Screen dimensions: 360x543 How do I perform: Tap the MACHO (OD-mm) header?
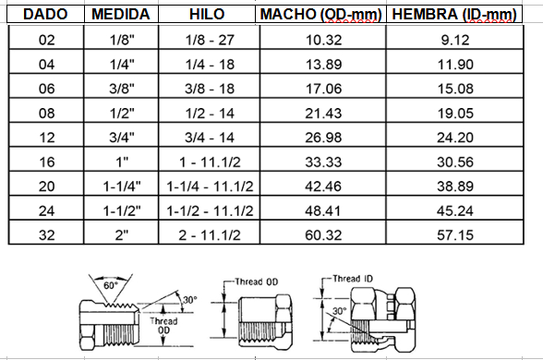click(320, 15)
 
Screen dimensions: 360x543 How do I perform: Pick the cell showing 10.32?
click(319, 40)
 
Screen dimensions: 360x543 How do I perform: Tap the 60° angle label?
click(111, 285)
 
